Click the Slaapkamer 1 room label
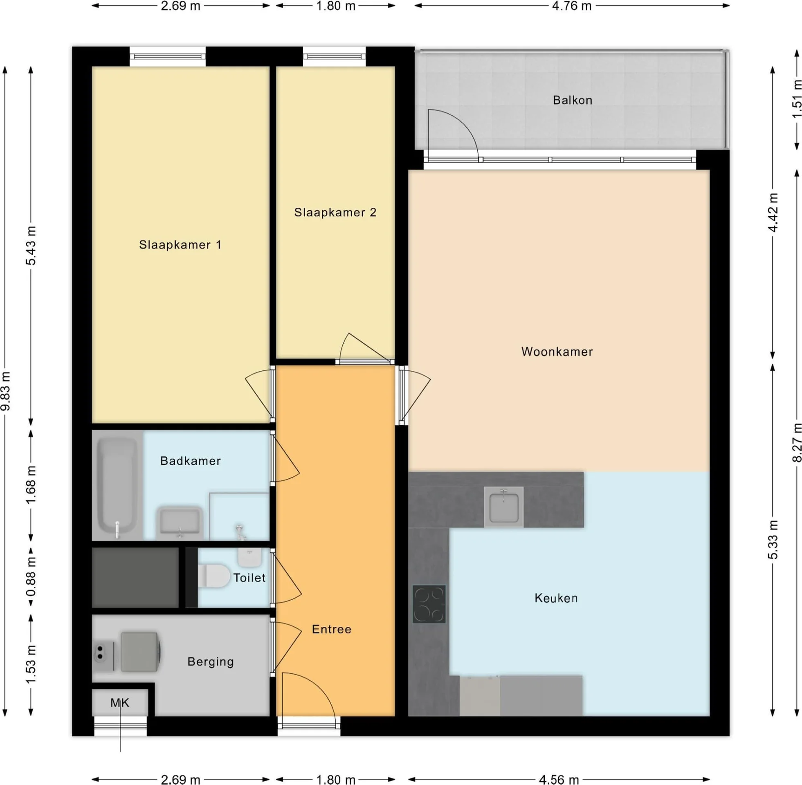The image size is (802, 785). click(x=180, y=245)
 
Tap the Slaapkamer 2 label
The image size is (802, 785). click(x=335, y=213)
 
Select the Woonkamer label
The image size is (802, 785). click(x=557, y=352)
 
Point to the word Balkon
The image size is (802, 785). click(x=572, y=100)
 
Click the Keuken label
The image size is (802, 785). click(x=556, y=598)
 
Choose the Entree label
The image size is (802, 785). click(x=332, y=629)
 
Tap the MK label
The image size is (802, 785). click(x=119, y=702)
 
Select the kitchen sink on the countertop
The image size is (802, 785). click(x=503, y=507)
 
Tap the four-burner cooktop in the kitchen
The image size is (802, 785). click(x=429, y=604)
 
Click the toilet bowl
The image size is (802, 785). click(x=213, y=576)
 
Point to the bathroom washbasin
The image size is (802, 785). click(x=180, y=523)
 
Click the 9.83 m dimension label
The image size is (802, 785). click(x=6, y=391)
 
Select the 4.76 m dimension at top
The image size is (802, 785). click(x=571, y=6)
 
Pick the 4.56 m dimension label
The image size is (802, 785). click(x=559, y=779)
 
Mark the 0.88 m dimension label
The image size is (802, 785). click(x=31, y=577)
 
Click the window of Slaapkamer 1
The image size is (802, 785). click(x=168, y=56)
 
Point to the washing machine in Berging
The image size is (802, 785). click(x=140, y=652)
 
